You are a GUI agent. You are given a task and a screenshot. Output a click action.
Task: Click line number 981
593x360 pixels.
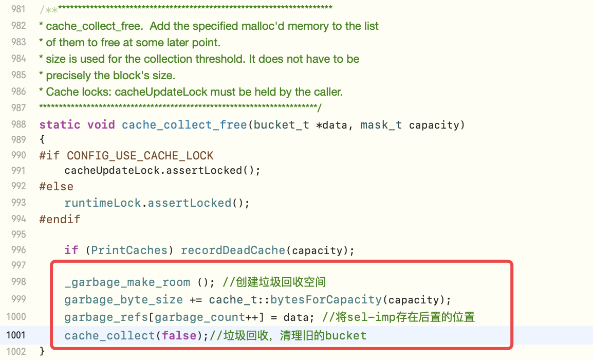pyautogui.click(x=18, y=9)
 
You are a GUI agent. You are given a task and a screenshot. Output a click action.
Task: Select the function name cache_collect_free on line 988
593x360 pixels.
pyautogui.click(x=184, y=125)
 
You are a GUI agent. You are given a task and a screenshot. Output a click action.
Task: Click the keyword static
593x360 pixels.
pyautogui.click(x=60, y=125)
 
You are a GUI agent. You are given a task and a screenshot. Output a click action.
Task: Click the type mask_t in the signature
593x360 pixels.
pyautogui.click(x=381, y=125)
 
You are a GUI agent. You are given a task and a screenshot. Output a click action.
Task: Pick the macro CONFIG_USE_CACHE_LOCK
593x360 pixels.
pyautogui.click(x=140, y=155)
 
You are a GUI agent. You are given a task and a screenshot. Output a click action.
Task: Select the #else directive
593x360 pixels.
pyautogui.click(x=56, y=186)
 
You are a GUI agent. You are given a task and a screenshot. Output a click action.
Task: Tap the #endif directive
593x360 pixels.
pyautogui.click(x=60, y=219)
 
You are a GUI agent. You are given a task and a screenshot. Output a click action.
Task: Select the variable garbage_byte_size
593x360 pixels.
pyautogui.click(x=123, y=300)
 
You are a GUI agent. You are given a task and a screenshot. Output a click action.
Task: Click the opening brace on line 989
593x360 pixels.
pyautogui.click(x=42, y=139)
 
